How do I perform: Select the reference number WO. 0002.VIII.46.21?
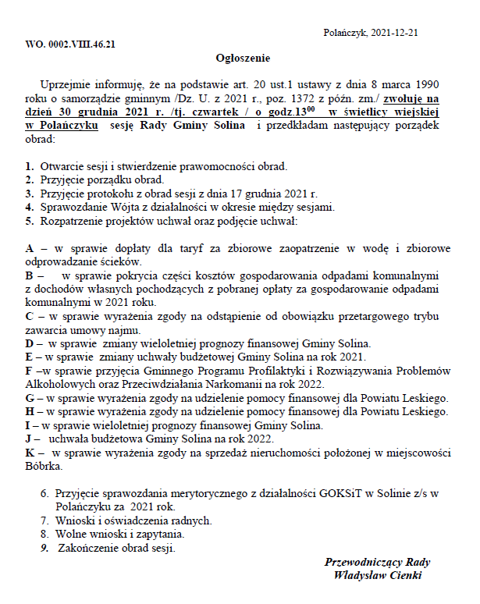pyautogui.click(x=71, y=44)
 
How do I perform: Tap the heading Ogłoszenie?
pyautogui.click(x=242, y=58)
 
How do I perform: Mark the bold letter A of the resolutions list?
pyautogui.click(x=30, y=247)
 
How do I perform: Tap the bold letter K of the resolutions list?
pyautogui.click(x=30, y=452)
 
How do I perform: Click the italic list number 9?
pyautogui.click(x=44, y=548)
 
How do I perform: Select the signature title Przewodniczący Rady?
pyautogui.click(x=377, y=562)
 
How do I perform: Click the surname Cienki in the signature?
pyautogui.click(x=404, y=576)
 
